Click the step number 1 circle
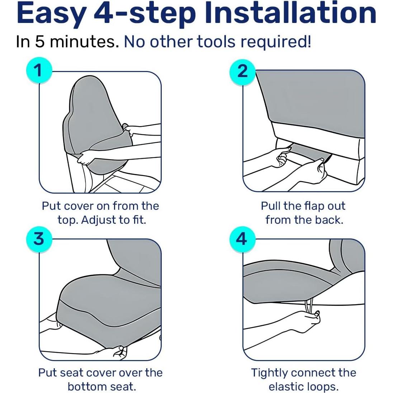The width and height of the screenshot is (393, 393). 39,70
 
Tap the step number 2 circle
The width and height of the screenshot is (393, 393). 242,71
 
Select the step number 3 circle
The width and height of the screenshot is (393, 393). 39,238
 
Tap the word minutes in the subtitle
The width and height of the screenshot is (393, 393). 84,42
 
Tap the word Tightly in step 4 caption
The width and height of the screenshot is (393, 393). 269,373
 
